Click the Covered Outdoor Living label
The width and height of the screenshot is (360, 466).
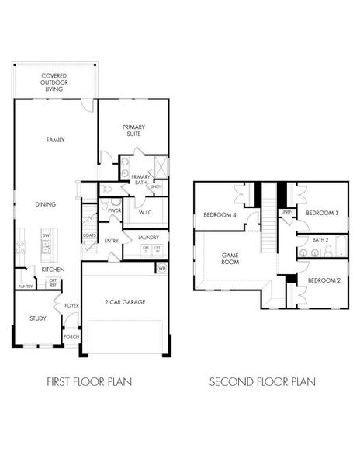pos(54,82)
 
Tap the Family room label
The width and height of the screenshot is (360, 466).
pos(55,140)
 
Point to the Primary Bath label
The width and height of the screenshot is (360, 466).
pos(140,179)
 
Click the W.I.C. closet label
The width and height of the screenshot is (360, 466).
pos(144,211)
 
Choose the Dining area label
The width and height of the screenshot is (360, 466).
pos(45,204)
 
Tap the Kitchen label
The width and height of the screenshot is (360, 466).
pos(53,269)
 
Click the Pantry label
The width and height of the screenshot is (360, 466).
pos(24,286)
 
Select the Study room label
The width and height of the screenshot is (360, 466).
pos(38,318)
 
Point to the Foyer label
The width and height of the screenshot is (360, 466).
pos(72,305)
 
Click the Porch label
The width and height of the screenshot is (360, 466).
pos(71,336)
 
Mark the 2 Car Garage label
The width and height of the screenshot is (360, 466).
pos(125,301)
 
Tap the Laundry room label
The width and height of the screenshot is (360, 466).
pos(148,237)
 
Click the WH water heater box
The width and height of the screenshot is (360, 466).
pos(162,268)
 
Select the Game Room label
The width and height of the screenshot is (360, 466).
pos(230,258)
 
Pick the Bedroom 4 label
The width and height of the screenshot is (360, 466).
pos(220,214)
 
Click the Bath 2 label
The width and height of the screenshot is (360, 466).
pos(321,240)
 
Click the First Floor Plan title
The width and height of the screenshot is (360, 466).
pos(88,381)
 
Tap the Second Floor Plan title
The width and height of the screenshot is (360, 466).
pos(262,381)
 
